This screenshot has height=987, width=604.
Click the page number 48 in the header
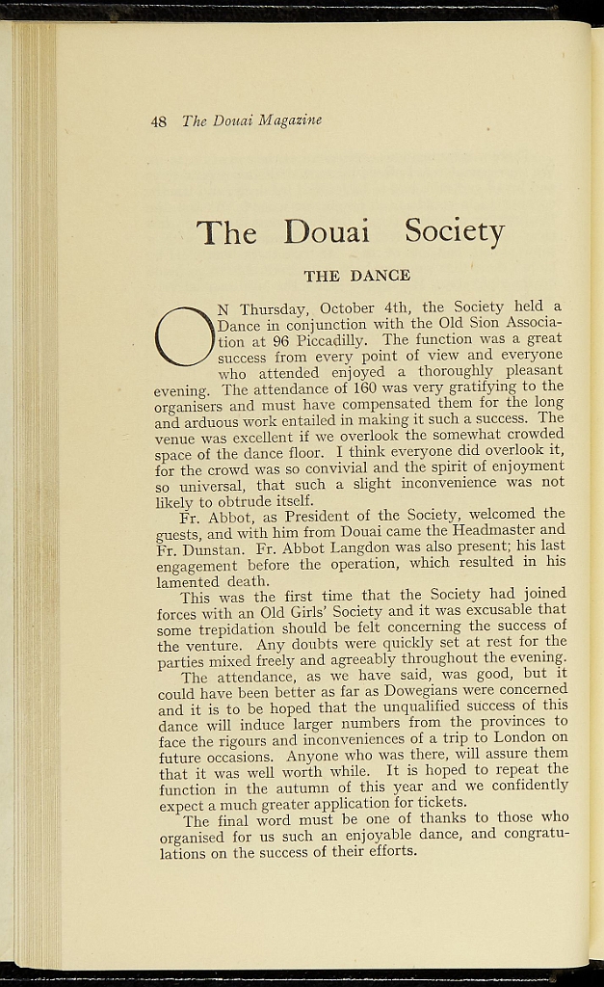click(159, 120)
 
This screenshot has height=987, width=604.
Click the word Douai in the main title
click(327, 232)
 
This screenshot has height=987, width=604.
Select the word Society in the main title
click(454, 231)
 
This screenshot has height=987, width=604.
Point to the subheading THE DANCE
click(356, 276)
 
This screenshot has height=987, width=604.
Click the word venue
click(174, 437)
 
